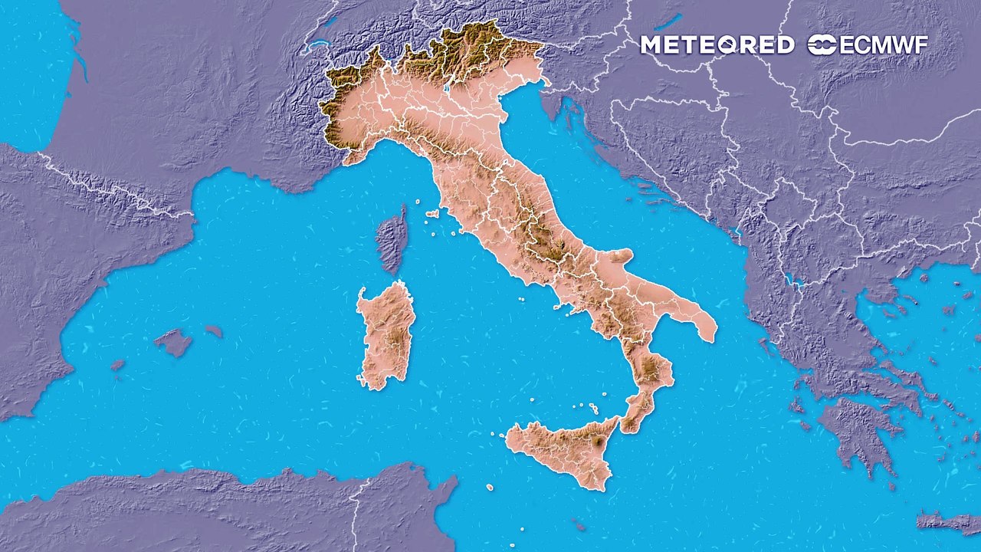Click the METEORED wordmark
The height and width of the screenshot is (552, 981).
pyautogui.click(x=717, y=45)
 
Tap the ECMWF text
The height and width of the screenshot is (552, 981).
pyautogui.click(x=884, y=45)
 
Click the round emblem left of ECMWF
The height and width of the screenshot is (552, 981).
pyautogui.click(x=822, y=45)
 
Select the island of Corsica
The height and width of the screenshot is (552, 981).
pyautogui.click(x=393, y=239)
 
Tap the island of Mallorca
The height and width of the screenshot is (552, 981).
pyautogui.click(x=174, y=342)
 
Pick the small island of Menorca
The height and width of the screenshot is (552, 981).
pyautogui.click(x=214, y=331)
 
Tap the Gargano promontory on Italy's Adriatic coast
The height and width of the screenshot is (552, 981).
pyautogui.click(x=618, y=256)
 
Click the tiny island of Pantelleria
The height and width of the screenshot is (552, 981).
pyautogui.click(x=490, y=488)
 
